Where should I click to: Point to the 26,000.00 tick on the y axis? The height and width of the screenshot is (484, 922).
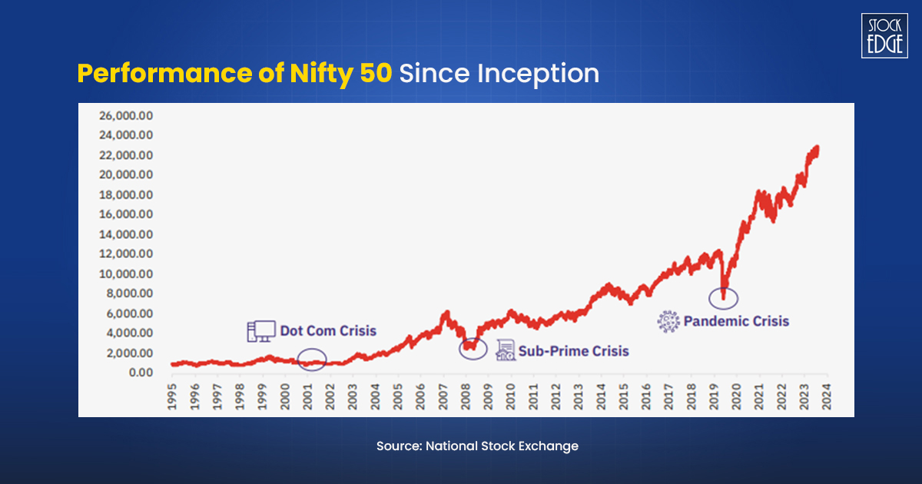(126, 115)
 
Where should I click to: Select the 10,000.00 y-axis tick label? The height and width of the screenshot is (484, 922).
(126, 273)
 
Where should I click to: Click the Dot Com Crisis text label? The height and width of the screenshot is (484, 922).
(328, 330)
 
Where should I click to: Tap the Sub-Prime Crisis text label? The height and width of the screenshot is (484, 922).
(573, 351)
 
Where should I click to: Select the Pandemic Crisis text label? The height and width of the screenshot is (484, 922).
(736, 321)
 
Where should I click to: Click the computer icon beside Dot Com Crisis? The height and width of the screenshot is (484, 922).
(260, 331)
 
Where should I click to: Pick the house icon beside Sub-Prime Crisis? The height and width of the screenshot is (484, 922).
(505, 350)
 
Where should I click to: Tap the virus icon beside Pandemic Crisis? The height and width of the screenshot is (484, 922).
(668, 321)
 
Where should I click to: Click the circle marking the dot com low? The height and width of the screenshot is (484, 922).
(312, 359)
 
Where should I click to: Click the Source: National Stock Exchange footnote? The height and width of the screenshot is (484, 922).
(477, 446)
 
